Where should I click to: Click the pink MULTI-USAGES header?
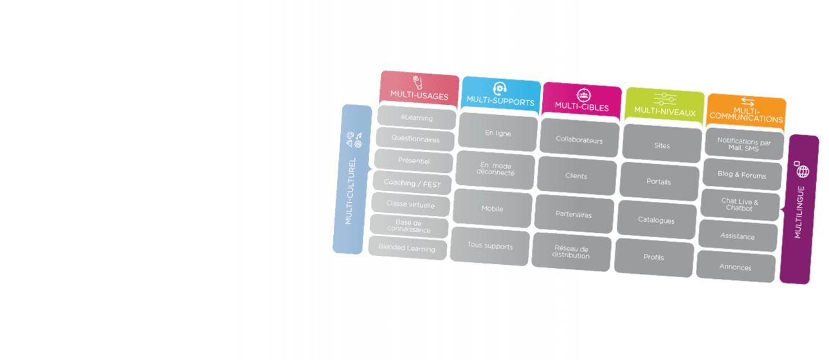419,89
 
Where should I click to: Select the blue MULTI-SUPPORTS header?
501,95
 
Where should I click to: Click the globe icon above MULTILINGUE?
803,171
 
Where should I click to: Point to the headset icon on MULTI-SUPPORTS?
500,88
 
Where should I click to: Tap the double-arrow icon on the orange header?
747,101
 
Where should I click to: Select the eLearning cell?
417,118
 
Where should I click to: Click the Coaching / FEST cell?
412,183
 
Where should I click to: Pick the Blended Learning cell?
407,248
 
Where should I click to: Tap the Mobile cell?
493,208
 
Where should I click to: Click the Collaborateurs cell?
579,139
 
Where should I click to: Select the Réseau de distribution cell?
571,252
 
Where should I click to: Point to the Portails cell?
659,181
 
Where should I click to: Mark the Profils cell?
653,257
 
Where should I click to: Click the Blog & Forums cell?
742,174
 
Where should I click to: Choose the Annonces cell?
735,267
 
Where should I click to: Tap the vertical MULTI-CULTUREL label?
350,191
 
